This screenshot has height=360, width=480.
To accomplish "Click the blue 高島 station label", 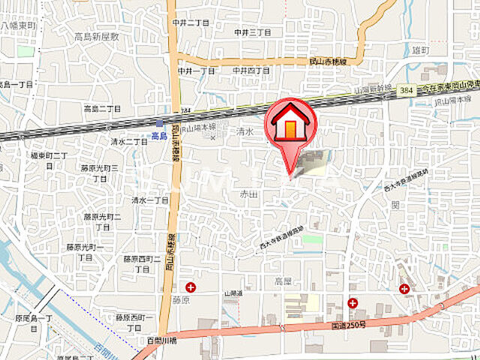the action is [x=159, y=136].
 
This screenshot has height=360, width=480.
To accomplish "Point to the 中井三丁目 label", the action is [x=251, y=32].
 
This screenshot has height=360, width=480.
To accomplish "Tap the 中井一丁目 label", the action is [x=196, y=70].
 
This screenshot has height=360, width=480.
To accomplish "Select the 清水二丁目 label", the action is [x=129, y=141].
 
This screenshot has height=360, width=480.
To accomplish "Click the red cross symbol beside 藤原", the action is [x=190, y=286].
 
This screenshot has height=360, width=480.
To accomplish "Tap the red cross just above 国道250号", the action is [x=352, y=303].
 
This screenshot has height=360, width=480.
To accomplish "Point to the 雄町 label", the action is [x=421, y=49].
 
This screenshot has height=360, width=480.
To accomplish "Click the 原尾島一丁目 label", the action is [x=34, y=323].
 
